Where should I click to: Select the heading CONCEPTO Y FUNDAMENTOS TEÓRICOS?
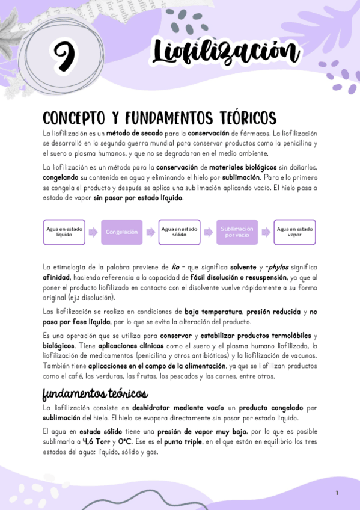159,117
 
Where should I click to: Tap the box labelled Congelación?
121,232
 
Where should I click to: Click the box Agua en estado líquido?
64,232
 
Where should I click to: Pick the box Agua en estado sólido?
178,232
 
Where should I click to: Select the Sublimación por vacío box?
237,232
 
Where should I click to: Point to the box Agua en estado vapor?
294,232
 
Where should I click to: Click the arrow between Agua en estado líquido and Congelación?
93,232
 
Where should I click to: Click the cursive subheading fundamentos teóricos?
95,394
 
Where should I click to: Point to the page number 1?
337,493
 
